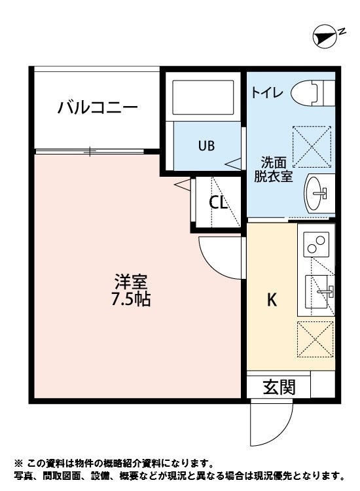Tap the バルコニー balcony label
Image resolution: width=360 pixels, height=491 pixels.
click(x=97, y=107)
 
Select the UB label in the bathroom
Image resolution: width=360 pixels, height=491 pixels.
click(x=206, y=145)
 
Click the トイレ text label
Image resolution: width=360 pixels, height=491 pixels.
click(x=267, y=93)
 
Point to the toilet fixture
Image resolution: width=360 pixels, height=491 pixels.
click(x=312, y=92)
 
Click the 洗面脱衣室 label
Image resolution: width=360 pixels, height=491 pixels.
click(x=273, y=168)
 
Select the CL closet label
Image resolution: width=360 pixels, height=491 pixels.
click(x=218, y=203)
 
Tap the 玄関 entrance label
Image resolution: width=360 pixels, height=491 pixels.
click(x=278, y=387)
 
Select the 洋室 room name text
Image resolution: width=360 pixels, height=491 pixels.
click(x=131, y=282)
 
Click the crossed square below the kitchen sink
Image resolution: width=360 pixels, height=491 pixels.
click(x=316, y=338)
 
